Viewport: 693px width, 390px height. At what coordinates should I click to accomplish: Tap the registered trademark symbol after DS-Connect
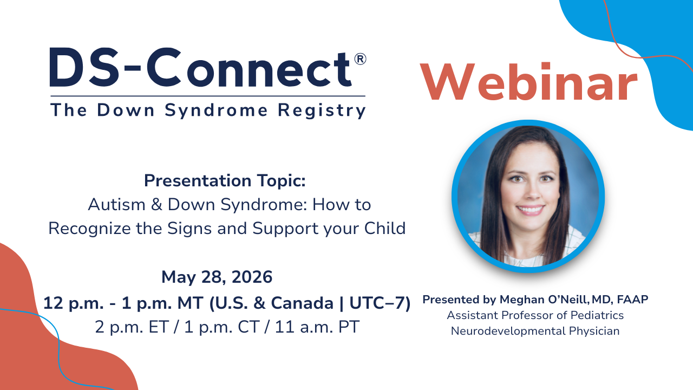pos(360,59)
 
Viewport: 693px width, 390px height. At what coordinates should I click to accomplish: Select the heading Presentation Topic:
pos(225,181)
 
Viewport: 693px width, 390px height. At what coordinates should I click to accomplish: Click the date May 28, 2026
pos(217,277)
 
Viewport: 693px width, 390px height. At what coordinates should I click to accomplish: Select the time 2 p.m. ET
pos(133,327)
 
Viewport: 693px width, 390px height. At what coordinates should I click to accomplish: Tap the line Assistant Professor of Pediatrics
pos(535,315)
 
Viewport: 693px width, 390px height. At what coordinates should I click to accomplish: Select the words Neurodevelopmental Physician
pos(535,331)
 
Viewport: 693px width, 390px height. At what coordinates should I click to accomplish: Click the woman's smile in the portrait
pos(529,209)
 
